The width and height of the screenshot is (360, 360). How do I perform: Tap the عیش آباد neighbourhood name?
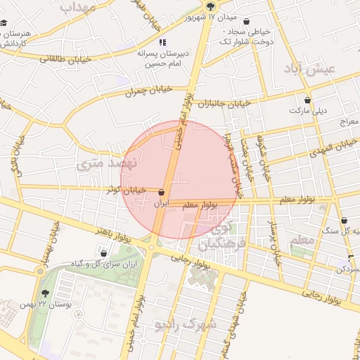point(310,67)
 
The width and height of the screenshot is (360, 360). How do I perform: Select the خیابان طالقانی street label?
point(66,60)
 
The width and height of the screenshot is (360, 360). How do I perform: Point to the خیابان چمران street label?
point(148,91)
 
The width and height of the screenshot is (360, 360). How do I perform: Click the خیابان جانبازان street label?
point(224,104)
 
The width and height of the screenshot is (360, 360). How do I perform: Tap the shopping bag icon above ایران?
point(162,192)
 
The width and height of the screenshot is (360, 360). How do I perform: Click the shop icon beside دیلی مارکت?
point(307,100)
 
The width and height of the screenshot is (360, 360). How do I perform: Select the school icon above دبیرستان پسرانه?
point(162,42)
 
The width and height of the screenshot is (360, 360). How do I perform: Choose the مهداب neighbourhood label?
point(78,7)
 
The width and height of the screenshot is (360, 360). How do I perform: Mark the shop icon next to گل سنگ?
point(344,221)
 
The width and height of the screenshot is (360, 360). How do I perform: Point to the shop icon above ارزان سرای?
point(104,253)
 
